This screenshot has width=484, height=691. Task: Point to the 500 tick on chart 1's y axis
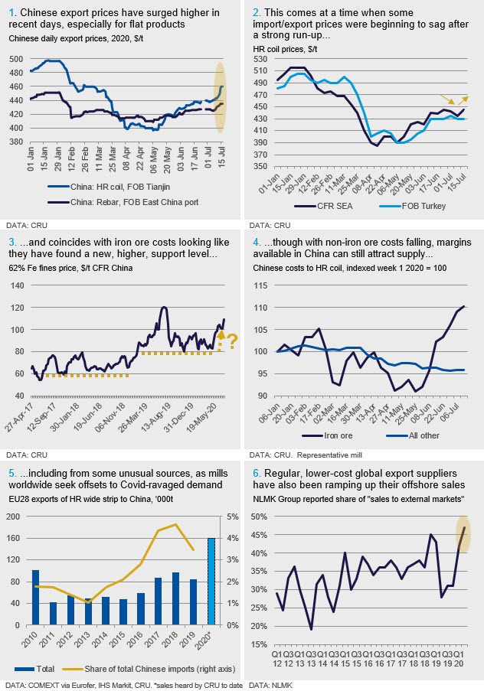(16, 60)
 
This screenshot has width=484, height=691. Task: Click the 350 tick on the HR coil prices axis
(260, 167)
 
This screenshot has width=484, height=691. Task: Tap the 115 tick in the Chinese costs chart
(260, 285)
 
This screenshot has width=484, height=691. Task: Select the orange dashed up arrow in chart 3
(221, 339)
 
